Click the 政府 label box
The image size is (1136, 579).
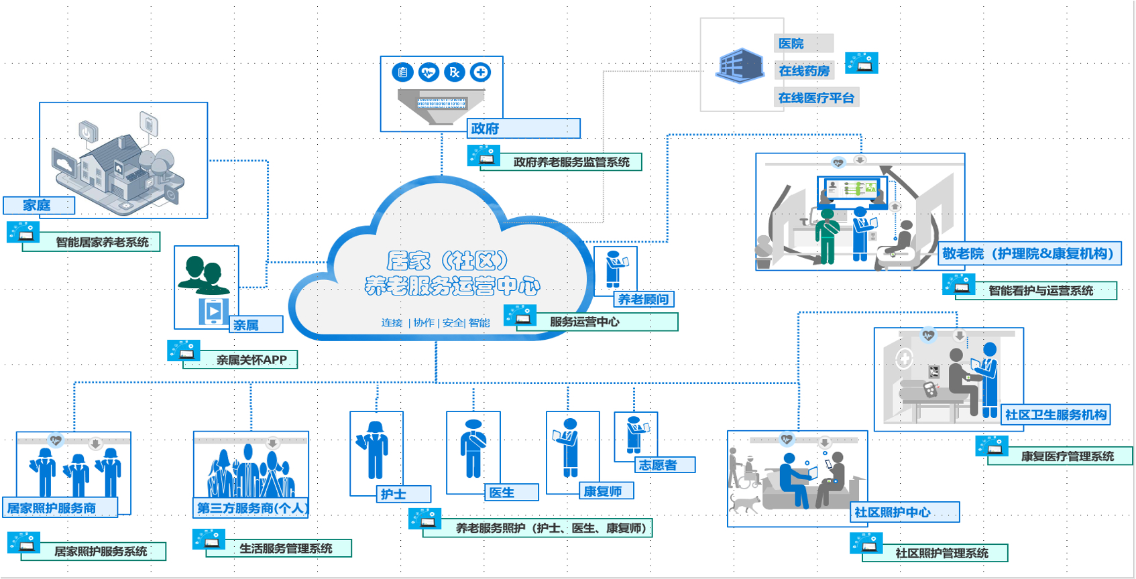click(x=523, y=128)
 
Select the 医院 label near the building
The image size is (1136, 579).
click(x=803, y=44)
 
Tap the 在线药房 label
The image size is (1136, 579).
click(x=804, y=70)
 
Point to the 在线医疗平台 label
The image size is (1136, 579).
click(x=816, y=98)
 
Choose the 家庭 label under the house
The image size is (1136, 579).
click(x=39, y=205)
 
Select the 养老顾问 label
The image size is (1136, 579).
click(x=644, y=299)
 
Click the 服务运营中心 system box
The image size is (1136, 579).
click(x=597, y=322)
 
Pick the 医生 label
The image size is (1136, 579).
click(x=512, y=493)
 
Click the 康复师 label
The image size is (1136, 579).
click(x=606, y=491)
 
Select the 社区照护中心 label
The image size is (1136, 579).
click(x=905, y=512)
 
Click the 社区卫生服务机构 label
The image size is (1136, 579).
click(x=1056, y=415)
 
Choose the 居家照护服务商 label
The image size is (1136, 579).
click(x=60, y=507)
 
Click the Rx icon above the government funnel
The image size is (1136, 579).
click(x=455, y=72)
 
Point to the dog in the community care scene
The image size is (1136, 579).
click(x=744, y=503)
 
